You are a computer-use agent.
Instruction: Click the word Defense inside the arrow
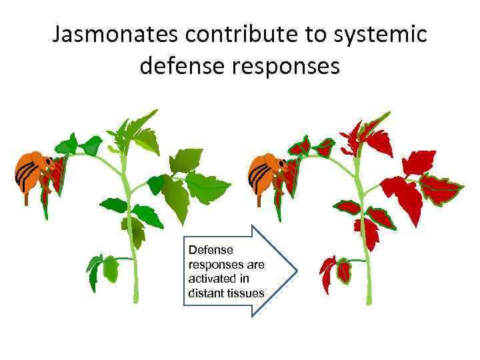click(211, 250)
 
